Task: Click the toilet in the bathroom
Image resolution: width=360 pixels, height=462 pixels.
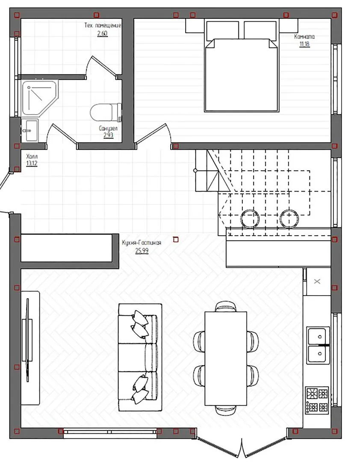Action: [x=106, y=112]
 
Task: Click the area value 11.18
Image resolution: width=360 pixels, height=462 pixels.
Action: [x=304, y=44]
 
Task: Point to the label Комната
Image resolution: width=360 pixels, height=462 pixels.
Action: [x=304, y=36]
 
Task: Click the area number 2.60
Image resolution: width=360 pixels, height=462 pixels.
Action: [x=102, y=33]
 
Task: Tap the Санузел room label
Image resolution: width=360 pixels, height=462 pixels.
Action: [x=108, y=128]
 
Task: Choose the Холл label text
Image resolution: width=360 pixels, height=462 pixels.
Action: [x=32, y=156]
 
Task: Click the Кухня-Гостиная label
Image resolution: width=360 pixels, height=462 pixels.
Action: [x=142, y=243]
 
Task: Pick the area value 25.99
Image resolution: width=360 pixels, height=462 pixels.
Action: [x=142, y=251]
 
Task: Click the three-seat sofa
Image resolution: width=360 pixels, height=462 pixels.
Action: [x=140, y=357]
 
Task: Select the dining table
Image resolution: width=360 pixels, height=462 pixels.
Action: [x=226, y=358]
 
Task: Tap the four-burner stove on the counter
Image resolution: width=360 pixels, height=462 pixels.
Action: [x=317, y=400]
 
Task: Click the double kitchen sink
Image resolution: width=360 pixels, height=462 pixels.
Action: [x=318, y=345]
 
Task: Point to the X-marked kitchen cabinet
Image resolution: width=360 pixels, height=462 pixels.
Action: [x=317, y=281]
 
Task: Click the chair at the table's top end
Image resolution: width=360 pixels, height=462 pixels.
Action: [x=226, y=306]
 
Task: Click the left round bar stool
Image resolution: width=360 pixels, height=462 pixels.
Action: [x=250, y=218]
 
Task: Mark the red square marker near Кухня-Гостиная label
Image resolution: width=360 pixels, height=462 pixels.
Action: [x=176, y=240]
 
